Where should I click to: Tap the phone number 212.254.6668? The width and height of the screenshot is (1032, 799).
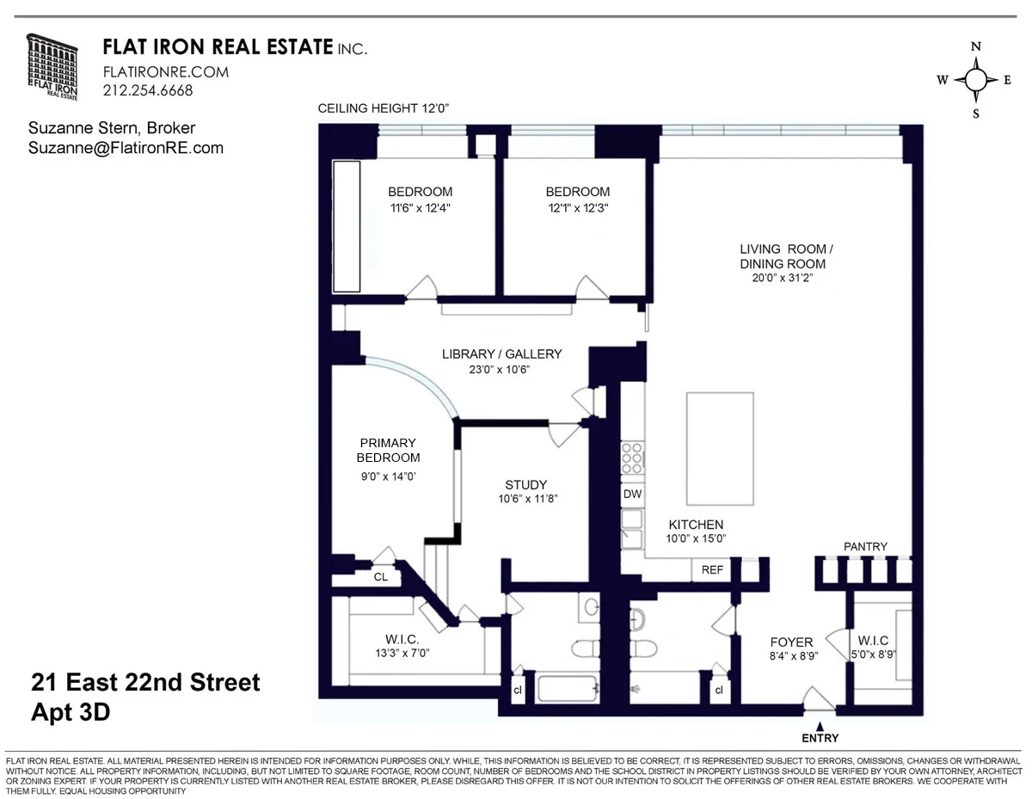click(148, 90)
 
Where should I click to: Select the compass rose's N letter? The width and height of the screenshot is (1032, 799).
click(975, 47)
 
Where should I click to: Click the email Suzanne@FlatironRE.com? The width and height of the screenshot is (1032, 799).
click(126, 148)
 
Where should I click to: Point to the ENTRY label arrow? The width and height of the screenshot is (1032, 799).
click(820, 727)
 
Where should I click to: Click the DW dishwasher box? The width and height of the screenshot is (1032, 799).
click(632, 494)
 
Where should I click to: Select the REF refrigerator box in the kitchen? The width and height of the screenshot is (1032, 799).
click(713, 569)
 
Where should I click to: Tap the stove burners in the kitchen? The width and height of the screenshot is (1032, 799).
click(632, 458)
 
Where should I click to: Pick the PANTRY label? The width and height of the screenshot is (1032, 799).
click(864, 546)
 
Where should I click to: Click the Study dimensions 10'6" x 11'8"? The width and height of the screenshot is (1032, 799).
click(525, 499)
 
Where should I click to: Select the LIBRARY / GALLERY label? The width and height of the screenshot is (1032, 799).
click(501, 353)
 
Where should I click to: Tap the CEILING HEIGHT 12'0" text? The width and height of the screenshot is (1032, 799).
click(384, 108)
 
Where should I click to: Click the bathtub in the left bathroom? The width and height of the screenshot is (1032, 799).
click(566, 689)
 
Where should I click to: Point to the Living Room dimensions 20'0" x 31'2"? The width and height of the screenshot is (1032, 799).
click(786, 278)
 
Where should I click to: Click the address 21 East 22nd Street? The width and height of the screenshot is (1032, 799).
click(145, 683)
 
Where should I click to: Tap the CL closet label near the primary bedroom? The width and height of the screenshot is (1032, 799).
click(380, 577)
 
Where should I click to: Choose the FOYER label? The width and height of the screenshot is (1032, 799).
click(791, 642)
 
